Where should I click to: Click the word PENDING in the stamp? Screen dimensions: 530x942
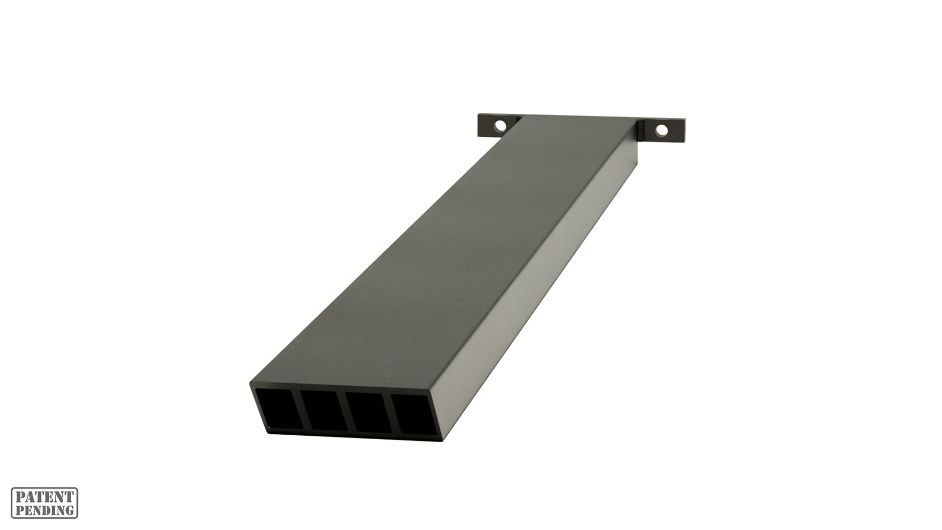point(45,510)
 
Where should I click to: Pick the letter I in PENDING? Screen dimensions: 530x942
point(54,510)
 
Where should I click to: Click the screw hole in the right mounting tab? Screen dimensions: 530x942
point(663,130)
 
